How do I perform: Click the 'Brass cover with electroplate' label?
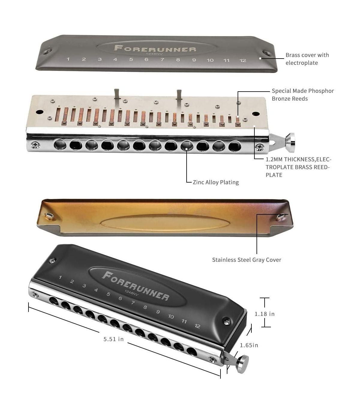coord(307,59)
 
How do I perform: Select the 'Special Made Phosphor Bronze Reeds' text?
coord(303,95)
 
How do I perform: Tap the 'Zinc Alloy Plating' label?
coord(216,182)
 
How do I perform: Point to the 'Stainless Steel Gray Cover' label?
coord(247,260)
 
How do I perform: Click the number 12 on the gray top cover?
coord(243,60)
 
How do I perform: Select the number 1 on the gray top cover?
coord(68,59)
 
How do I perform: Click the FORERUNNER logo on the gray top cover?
coord(155,49)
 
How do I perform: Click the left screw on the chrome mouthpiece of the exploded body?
coord(35,144)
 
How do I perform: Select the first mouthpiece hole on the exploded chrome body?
coord(60,144)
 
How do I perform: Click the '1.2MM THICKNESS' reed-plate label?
coord(298,167)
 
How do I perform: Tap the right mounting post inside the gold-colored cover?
coord(280,217)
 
